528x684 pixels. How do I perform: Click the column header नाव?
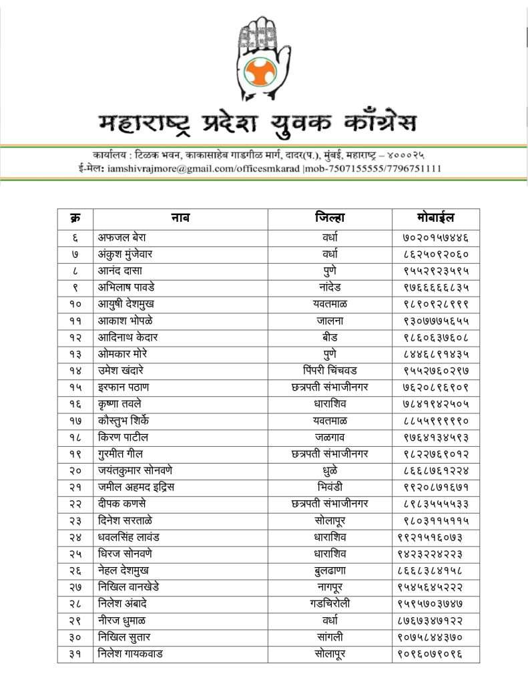180,218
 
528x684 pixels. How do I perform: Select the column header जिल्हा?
330,218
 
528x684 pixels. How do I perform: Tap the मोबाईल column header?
435,218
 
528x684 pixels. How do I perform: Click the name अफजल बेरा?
122,237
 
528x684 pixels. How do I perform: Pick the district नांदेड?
330,287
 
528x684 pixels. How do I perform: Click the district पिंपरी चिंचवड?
330,371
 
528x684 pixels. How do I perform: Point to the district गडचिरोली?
330,604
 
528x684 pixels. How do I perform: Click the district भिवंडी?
330,488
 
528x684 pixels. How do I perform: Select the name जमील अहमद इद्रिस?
136,488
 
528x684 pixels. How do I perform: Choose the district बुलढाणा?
330,570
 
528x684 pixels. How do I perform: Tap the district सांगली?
330,637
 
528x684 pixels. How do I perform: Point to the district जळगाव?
330,438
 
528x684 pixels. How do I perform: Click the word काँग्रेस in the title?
369,124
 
